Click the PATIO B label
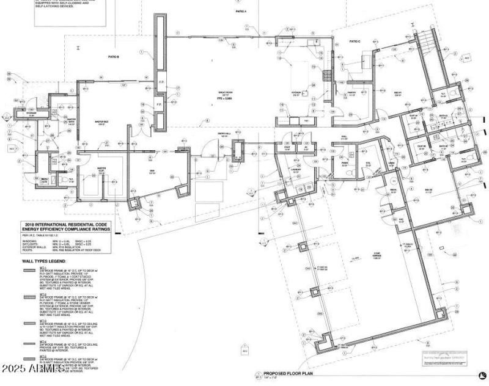113,56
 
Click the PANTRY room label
351,93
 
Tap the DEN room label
152,171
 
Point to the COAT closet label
287,147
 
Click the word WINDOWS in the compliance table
29,239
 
